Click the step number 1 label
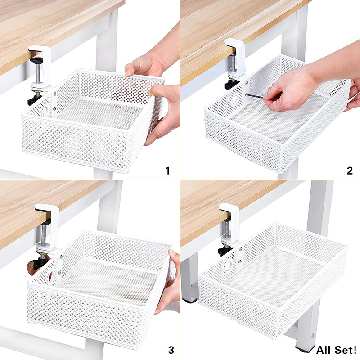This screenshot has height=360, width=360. click(x=168, y=171)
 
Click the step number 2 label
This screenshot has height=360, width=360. click(x=350, y=171)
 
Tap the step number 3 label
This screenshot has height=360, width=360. click(x=171, y=350)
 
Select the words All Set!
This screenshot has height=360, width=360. click(x=336, y=350)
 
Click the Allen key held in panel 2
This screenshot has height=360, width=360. click(x=254, y=96)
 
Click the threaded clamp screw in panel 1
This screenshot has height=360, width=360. click(x=37, y=73)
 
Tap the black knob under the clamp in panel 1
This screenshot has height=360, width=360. click(x=35, y=99)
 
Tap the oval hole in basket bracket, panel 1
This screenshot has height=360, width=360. click(x=46, y=111)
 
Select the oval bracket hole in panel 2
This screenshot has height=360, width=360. click(x=234, y=99)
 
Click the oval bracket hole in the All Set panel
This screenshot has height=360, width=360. click(x=228, y=265)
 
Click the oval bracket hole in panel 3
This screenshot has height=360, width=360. click(x=51, y=276)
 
